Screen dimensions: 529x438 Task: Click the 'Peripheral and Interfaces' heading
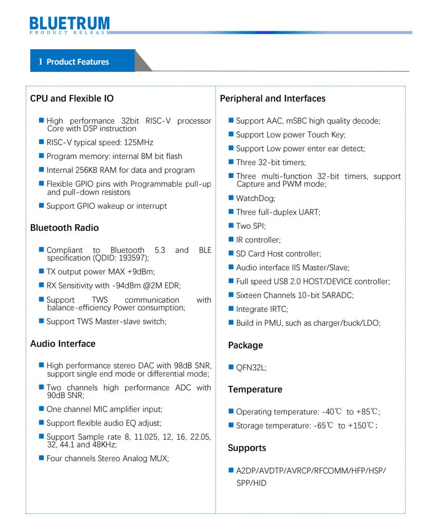273,98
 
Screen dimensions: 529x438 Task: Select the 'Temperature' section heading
255,389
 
